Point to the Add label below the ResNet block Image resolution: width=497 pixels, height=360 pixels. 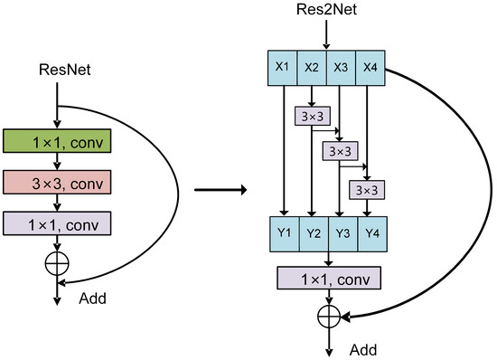[98, 297]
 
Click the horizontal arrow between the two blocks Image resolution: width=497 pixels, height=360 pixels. [220, 190]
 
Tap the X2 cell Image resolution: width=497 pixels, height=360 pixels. [311, 66]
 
